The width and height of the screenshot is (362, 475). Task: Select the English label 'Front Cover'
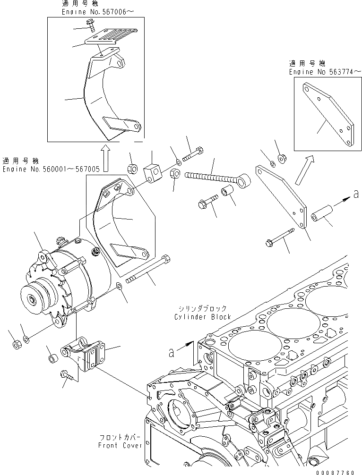coord(118,445)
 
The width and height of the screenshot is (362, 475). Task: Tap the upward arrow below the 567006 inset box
coord(105,158)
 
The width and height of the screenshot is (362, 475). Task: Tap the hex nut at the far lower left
coord(16,345)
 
